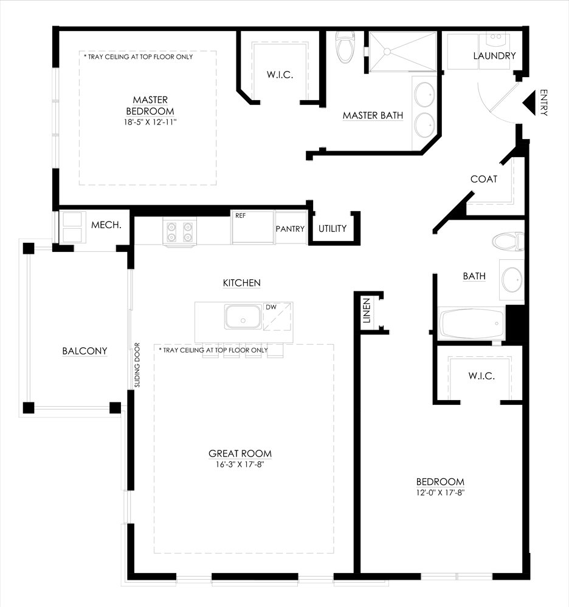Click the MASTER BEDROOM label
pyautogui.click(x=150, y=106)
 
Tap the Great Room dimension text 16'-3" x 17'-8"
pyautogui.click(x=240, y=465)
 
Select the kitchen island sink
pyautogui.click(x=243, y=317)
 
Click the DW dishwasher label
pyautogui.click(x=271, y=307)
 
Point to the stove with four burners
pyautogui.click(x=181, y=231)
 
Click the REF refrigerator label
pyautogui.click(x=240, y=214)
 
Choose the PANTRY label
pyautogui.click(x=290, y=229)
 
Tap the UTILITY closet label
pyautogui.click(x=333, y=229)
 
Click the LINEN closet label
pyautogui.click(x=367, y=313)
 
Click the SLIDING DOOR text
pyautogui.click(x=137, y=365)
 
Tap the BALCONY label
pyautogui.click(x=84, y=351)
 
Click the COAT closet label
pyautogui.click(x=484, y=179)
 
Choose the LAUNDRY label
pyautogui.click(x=494, y=56)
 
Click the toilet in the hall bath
pyautogui.click(x=508, y=242)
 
